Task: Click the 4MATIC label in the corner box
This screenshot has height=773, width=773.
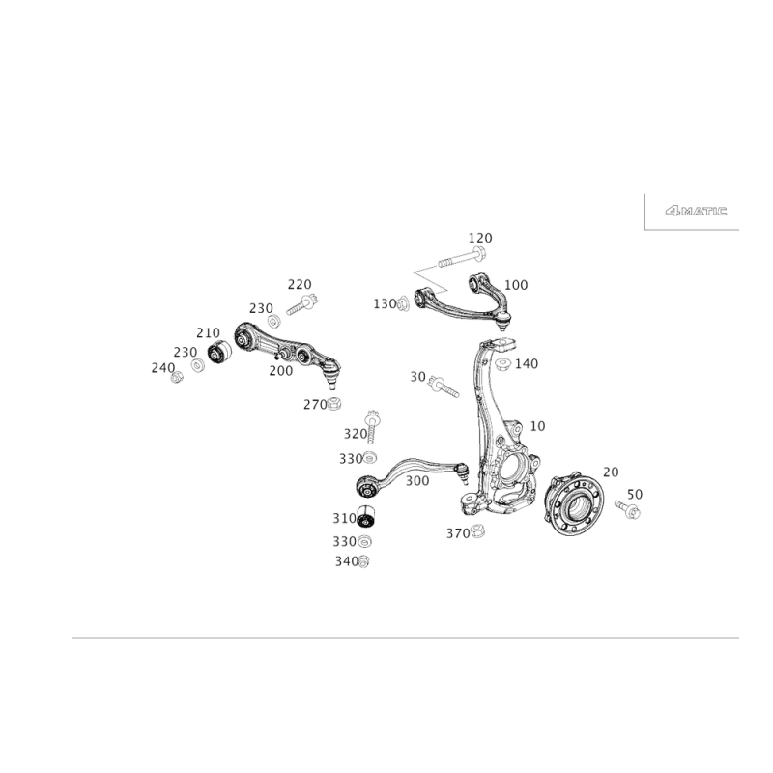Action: (x=697, y=210)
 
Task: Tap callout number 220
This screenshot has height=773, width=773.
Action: (x=299, y=284)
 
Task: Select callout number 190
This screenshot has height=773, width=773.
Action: (x=259, y=308)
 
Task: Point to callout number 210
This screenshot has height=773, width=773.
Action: (x=208, y=332)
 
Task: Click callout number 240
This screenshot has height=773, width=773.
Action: (x=161, y=367)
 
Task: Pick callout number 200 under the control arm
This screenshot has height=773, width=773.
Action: (x=281, y=370)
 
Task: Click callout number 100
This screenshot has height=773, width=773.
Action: (x=518, y=285)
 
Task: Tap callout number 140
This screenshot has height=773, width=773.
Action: (x=526, y=364)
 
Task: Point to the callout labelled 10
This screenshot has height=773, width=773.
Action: (x=538, y=425)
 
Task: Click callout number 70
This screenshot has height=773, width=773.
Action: (x=610, y=472)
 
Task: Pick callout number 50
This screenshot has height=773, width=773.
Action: (x=636, y=493)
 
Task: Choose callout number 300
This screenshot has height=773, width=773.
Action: (x=415, y=479)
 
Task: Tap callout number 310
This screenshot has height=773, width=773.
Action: (x=344, y=517)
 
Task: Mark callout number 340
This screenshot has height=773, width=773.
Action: (x=344, y=560)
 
